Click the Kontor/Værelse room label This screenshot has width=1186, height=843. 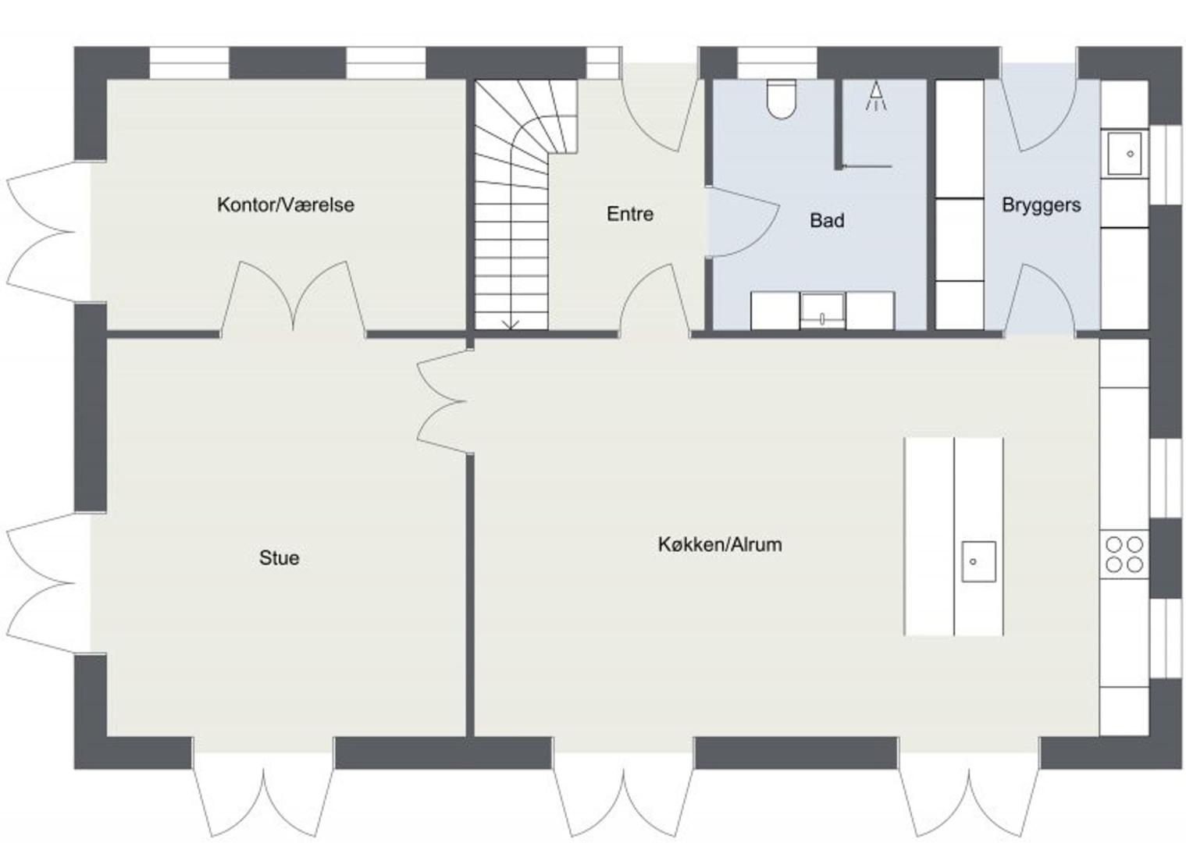(286, 205)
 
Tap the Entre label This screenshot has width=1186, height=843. (630, 214)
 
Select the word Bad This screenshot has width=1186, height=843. (827, 220)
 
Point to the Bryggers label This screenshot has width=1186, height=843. (1042, 205)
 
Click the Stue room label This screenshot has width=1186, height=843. (279, 558)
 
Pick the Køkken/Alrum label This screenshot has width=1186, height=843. (720, 544)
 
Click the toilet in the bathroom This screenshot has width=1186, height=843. (782, 99)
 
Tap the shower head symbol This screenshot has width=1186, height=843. (876, 96)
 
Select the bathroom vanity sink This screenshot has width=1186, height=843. (822, 311)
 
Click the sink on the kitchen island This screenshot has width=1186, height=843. (978, 561)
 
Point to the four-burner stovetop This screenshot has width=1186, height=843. (1124, 554)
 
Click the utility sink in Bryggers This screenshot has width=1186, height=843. (1124, 154)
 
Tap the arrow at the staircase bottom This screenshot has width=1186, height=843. (511, 324)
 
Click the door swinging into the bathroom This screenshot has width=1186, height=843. (743, 222)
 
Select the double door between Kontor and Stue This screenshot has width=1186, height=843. (294, 297)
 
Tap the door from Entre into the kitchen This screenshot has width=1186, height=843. (655, 300)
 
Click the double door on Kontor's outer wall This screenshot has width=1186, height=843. (48, 231)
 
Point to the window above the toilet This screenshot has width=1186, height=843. (777, 63)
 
